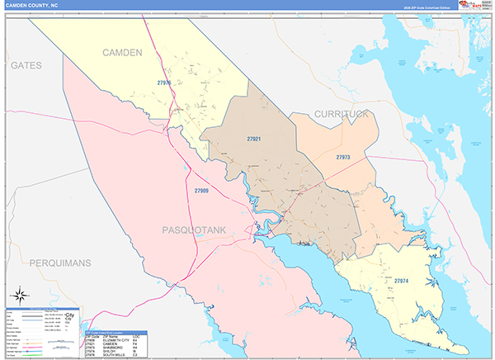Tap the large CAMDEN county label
[x=122, y=53]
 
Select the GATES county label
[x=26, y=64]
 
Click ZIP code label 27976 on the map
[x=164, y=83]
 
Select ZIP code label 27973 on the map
[x=343, y=156]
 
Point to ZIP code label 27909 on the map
[x=202, y=191]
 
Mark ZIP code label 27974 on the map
[x=402, y=282]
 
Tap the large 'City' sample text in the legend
[x=69, y=315]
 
